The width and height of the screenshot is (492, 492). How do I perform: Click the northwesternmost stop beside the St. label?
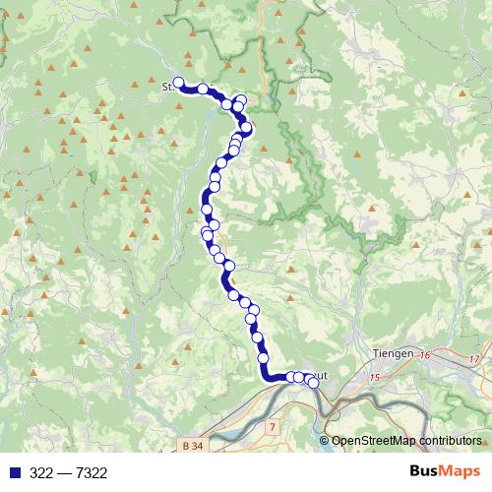click(x=179, y=84)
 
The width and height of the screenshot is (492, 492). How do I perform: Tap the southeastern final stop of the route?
click(x=314, y=383)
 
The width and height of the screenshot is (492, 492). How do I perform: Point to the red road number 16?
click(x=425, y=354)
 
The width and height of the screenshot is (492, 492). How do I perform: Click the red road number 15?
click(x=375, y=377)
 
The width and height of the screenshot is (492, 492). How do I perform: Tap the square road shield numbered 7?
click(x=272, y=428)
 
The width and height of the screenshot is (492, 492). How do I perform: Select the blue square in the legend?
click(x=12, y=473)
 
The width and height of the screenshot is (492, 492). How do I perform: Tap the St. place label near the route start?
click(x=166, y=87)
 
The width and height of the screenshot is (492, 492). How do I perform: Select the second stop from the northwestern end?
click(x=203, y=89)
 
